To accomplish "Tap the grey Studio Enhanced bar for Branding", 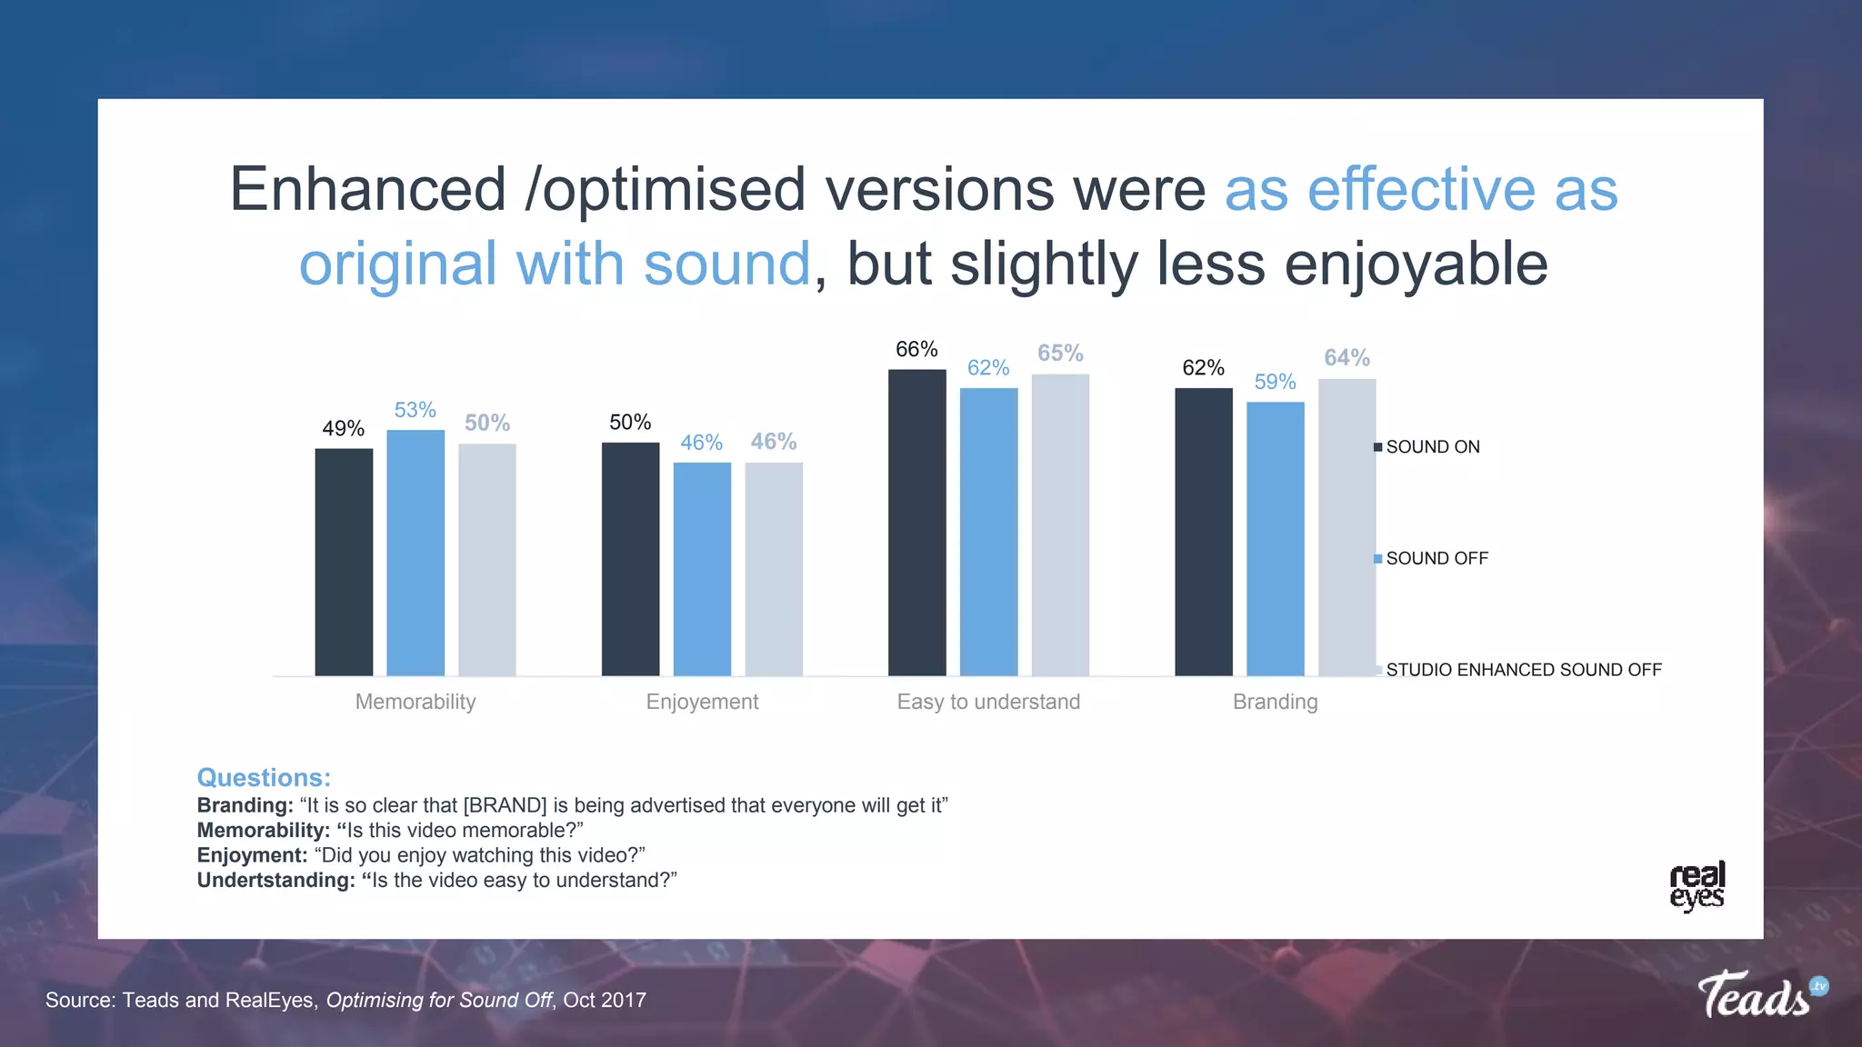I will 1346,527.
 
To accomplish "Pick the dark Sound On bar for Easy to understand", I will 916,523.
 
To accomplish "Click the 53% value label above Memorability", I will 415,410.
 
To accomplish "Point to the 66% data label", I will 916,349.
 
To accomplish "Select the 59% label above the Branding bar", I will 1275,382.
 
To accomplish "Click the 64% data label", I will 1346,357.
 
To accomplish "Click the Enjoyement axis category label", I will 702,702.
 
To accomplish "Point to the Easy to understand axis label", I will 988,702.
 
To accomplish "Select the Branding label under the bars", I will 1275,702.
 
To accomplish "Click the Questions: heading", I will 264,778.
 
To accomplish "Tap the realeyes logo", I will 1697,886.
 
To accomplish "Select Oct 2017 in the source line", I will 605,1000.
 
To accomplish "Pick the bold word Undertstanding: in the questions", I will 275,880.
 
